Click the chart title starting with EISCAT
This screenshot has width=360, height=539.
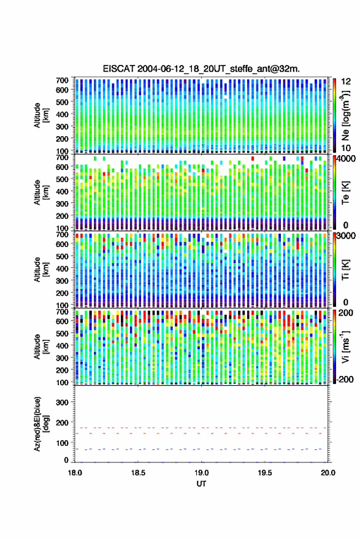click(201, 69)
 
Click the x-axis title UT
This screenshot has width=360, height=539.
click(202, 484)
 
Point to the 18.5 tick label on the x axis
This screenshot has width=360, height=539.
click(138, 473)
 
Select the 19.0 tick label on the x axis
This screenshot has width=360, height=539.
click(202, 473)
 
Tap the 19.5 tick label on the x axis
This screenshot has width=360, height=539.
click(265, 473)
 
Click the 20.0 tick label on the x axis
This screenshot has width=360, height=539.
click(328, 473)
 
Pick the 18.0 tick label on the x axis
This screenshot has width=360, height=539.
click(75, 473)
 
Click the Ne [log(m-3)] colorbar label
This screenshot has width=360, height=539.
click(345, 115)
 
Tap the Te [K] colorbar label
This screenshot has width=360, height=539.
click(345, 193)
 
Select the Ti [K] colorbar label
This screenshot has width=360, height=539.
click(345, 270)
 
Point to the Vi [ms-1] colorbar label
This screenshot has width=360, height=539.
click(345, 346)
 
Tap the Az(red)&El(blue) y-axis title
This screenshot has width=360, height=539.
click(41, 424)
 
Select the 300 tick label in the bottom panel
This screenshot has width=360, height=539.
click(63, 402)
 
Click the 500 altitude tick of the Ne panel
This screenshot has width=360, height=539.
click(62, 102)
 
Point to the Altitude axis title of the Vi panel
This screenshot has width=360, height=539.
click(41, 346)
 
